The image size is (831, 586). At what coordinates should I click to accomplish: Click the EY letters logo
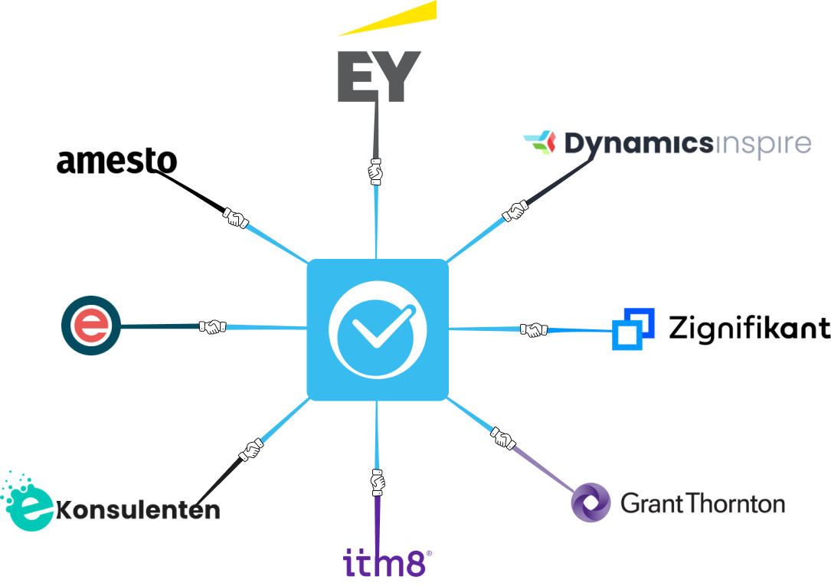coord(379,77)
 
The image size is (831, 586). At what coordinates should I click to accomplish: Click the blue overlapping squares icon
coord(633,329)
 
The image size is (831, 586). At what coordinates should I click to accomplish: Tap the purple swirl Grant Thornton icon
coord(591,503)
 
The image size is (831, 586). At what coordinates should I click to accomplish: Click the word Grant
coord(646,503)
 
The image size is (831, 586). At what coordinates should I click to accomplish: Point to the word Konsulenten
coord(138,510)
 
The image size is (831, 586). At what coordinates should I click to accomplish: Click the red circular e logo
coord(91,326)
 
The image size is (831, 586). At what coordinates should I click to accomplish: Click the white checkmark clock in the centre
coord(377,329)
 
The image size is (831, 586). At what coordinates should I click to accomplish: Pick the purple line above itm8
coord(378,521)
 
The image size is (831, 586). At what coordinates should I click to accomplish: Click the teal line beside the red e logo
coord(159,326)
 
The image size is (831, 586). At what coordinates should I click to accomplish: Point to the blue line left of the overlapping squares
coord(580,330)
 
